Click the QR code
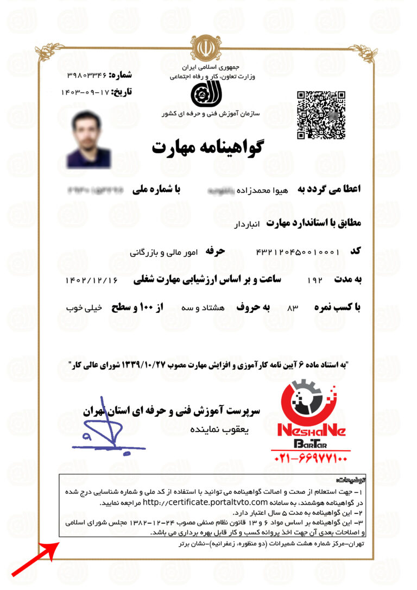coord(321,115)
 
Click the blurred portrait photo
coord(89,139)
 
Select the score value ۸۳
coord(293,307)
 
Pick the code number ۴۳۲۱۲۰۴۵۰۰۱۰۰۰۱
coord(298,252)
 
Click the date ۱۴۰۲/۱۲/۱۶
coord(91,280)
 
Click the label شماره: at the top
coord(121,75)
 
